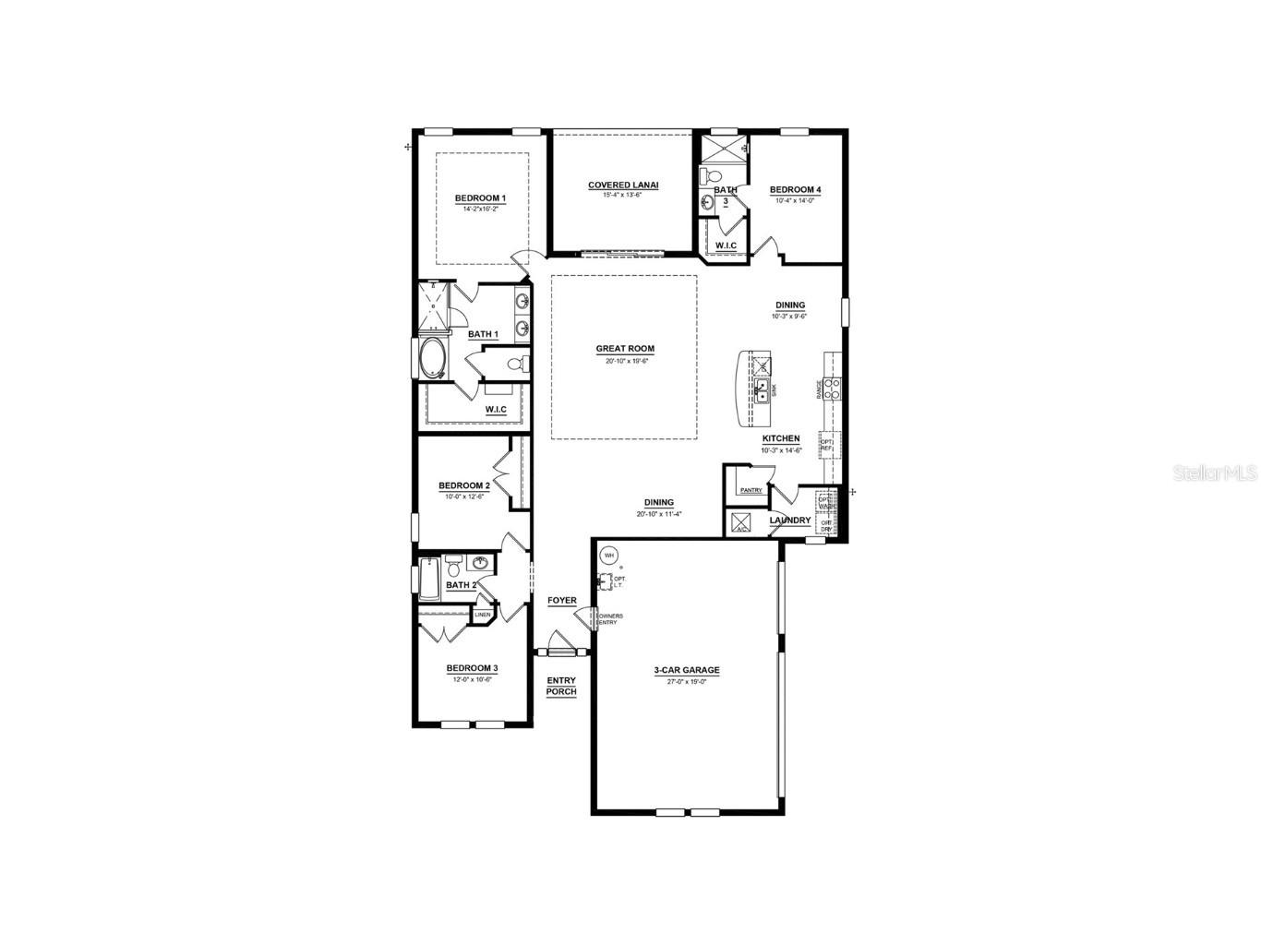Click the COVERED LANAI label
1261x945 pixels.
(623, 185)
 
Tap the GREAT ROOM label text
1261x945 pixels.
(625, 349)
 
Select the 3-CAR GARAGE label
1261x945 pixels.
(687, 671)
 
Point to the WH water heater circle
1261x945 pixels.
(608, 556)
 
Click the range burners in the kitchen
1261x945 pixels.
(832, 389)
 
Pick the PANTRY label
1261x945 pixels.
(751, 490)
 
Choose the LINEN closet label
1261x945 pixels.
(483, 615)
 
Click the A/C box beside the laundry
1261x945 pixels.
(741, 523)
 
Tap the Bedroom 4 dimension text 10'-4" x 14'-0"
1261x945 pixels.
(795, 200)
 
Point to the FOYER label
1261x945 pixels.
(561, 601)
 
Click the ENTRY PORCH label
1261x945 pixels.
(561, 687)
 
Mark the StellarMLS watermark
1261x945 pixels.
(1214, 472)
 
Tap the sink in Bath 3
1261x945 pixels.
(708, 202)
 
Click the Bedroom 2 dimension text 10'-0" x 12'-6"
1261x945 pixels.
(463, 496)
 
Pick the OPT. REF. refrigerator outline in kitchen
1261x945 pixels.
(827, 445)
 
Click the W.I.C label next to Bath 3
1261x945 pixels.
(727, 245)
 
